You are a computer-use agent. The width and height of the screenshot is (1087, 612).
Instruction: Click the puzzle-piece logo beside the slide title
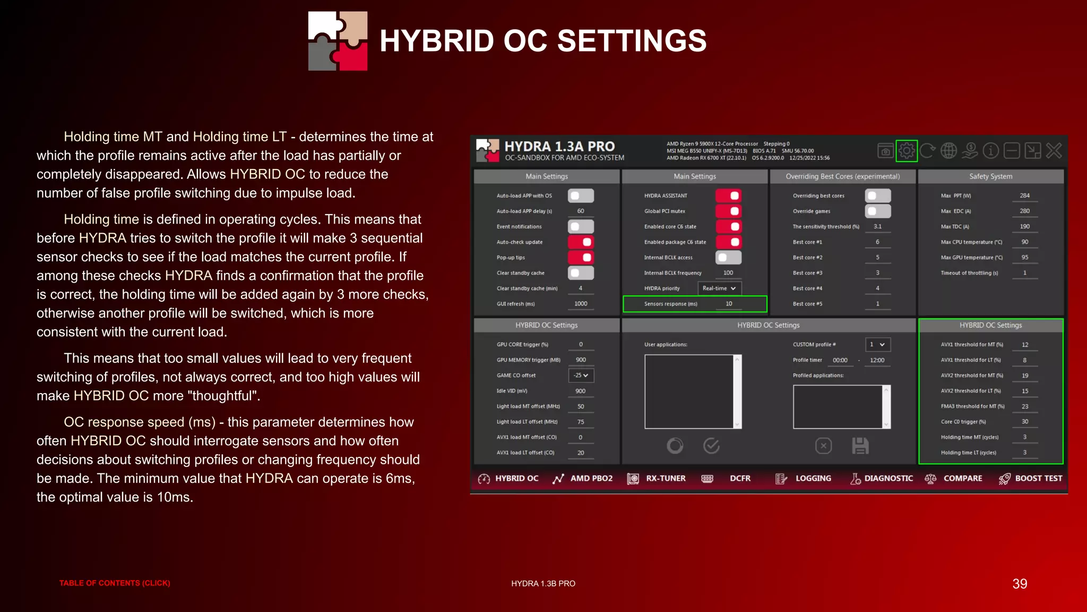(x=338, y=41)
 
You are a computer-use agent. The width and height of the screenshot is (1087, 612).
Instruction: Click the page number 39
(x=1020, y=584)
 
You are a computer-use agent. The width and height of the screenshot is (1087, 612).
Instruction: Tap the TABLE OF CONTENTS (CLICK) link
(x=115, y=583)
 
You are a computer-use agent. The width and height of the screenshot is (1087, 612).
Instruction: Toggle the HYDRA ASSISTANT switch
(x=728, y=195)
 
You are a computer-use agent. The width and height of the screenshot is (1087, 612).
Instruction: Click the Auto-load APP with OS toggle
(x=581, y=195)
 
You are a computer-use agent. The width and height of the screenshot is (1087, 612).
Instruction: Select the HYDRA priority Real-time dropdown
(x=719, y=288)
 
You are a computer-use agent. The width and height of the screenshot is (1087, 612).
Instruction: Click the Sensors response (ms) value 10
(x=729, y=304)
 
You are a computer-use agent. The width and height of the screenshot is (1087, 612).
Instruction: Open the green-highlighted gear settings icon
(x=907, y=151)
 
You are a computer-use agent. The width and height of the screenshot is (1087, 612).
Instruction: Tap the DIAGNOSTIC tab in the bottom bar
(x=882, y=479)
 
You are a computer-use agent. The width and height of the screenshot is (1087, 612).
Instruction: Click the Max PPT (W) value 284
(x=1024, y=195)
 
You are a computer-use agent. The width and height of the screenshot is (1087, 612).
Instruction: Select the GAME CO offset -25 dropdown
(x=581, y=376)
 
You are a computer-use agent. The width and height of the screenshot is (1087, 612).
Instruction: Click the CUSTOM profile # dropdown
(x=877, y=344)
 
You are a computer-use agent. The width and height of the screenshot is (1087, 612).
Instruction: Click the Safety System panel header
(x=990, y=176)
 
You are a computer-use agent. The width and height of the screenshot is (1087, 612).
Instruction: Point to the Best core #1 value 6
(x=877, y=242)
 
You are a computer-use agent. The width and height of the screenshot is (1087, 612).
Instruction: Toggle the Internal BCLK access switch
(x=728, y=258)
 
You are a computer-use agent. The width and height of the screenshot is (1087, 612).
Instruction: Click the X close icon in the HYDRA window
(x=1054, y=151)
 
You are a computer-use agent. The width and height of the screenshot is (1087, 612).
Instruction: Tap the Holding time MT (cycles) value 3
(x=1024, y=437)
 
